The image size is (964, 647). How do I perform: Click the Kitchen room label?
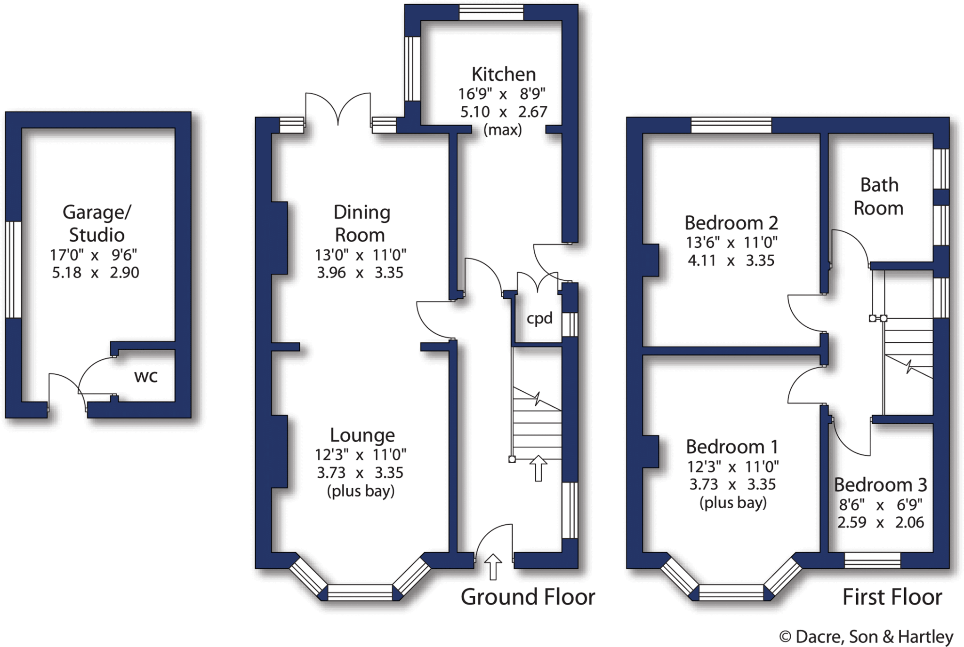(503, 74)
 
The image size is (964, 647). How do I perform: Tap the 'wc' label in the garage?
(146, 377)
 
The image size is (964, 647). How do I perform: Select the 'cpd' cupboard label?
(539, 319)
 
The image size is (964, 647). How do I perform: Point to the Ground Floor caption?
(528, 597)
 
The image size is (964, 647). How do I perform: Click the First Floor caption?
(892, 597)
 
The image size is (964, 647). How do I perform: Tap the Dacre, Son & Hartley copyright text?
(866, 637)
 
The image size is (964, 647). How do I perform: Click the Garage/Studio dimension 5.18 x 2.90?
(96, 273)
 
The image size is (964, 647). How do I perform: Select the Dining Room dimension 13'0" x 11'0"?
(361, 255)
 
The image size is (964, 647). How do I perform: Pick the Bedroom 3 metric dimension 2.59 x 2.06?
(881, 522)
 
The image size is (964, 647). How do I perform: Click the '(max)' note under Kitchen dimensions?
(503, 129)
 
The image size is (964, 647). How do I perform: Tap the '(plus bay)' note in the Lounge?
(361, 491)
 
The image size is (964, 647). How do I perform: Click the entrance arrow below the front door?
(493, 567)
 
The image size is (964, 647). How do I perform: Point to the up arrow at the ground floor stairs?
(538, 468)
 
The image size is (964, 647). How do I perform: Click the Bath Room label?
(879, 197)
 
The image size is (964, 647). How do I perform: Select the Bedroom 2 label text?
(731, 223)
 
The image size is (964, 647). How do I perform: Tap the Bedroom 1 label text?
(732, 446)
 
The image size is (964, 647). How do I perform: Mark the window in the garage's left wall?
(14, 269)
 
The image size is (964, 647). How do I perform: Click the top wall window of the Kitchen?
(491, 13)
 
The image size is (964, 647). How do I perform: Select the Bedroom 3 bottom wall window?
(872, 560)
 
